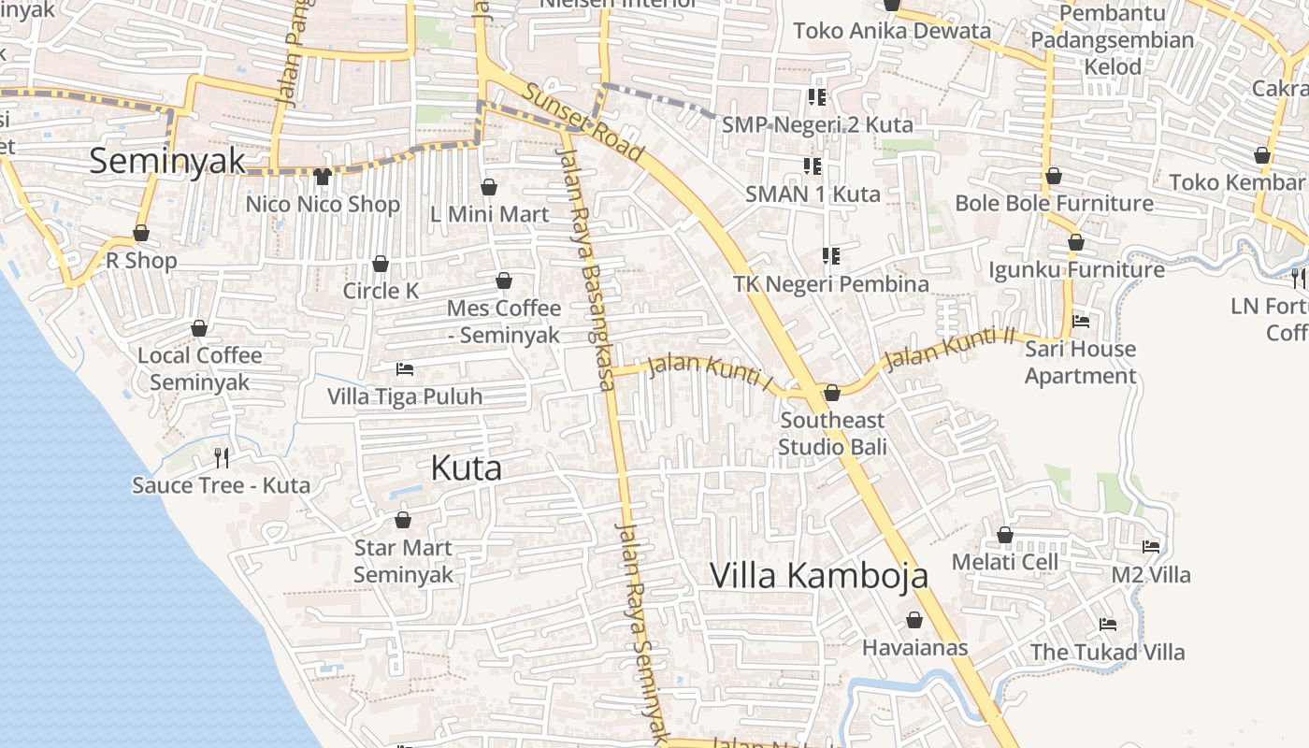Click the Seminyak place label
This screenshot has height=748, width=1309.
tap(167, 161)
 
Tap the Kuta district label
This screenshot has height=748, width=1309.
tap(466, 467)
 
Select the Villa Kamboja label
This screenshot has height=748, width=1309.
tap(819, 575)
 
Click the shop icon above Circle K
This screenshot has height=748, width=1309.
tap(381, 264)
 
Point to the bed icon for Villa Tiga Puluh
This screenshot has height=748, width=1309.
tap(405, 368)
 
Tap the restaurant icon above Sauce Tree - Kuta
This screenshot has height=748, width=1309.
tap(222, 457)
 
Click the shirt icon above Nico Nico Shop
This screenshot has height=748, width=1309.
tap(323, 176)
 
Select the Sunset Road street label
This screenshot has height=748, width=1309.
tap(583, 122)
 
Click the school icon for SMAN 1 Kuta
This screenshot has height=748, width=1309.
tap(813, 166)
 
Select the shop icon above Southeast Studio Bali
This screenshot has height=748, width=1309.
tap(831, 393)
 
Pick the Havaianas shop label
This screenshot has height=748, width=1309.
tap(914, 647)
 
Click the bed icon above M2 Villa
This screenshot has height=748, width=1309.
tap(1151, 546)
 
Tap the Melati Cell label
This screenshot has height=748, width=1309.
tap(1005, 562)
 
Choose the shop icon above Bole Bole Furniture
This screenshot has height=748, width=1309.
tap(1054, 176)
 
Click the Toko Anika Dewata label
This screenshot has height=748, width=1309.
tap(892, 31)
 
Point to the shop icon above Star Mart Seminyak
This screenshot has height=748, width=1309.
tap(403, 520)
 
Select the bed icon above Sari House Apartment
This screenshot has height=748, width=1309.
tap(1081, 321)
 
